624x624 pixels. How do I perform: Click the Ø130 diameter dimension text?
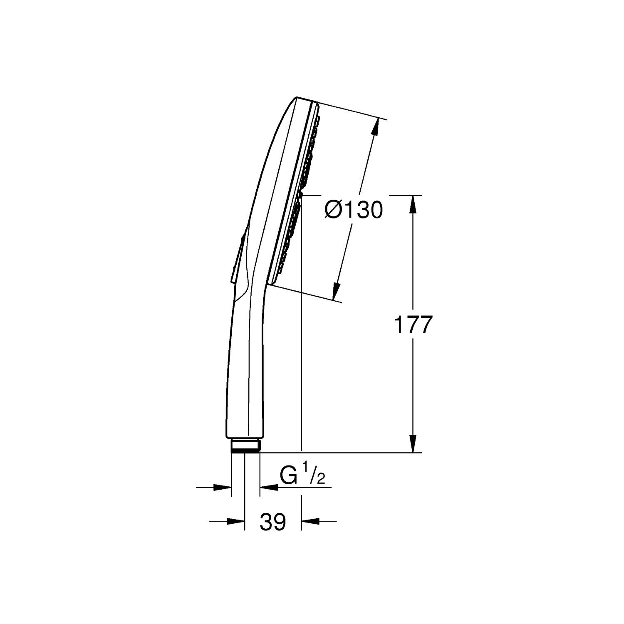tap(354, 210)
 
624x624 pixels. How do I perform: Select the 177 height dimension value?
tap(414, 324)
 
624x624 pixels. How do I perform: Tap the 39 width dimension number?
tap(273, 522)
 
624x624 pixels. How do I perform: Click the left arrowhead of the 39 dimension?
tap(235, 520)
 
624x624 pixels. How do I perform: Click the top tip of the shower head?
tap(298, 98)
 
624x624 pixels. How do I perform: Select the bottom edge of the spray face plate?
tap(271, 283)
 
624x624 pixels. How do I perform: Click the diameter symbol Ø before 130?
tap(333, 210)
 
